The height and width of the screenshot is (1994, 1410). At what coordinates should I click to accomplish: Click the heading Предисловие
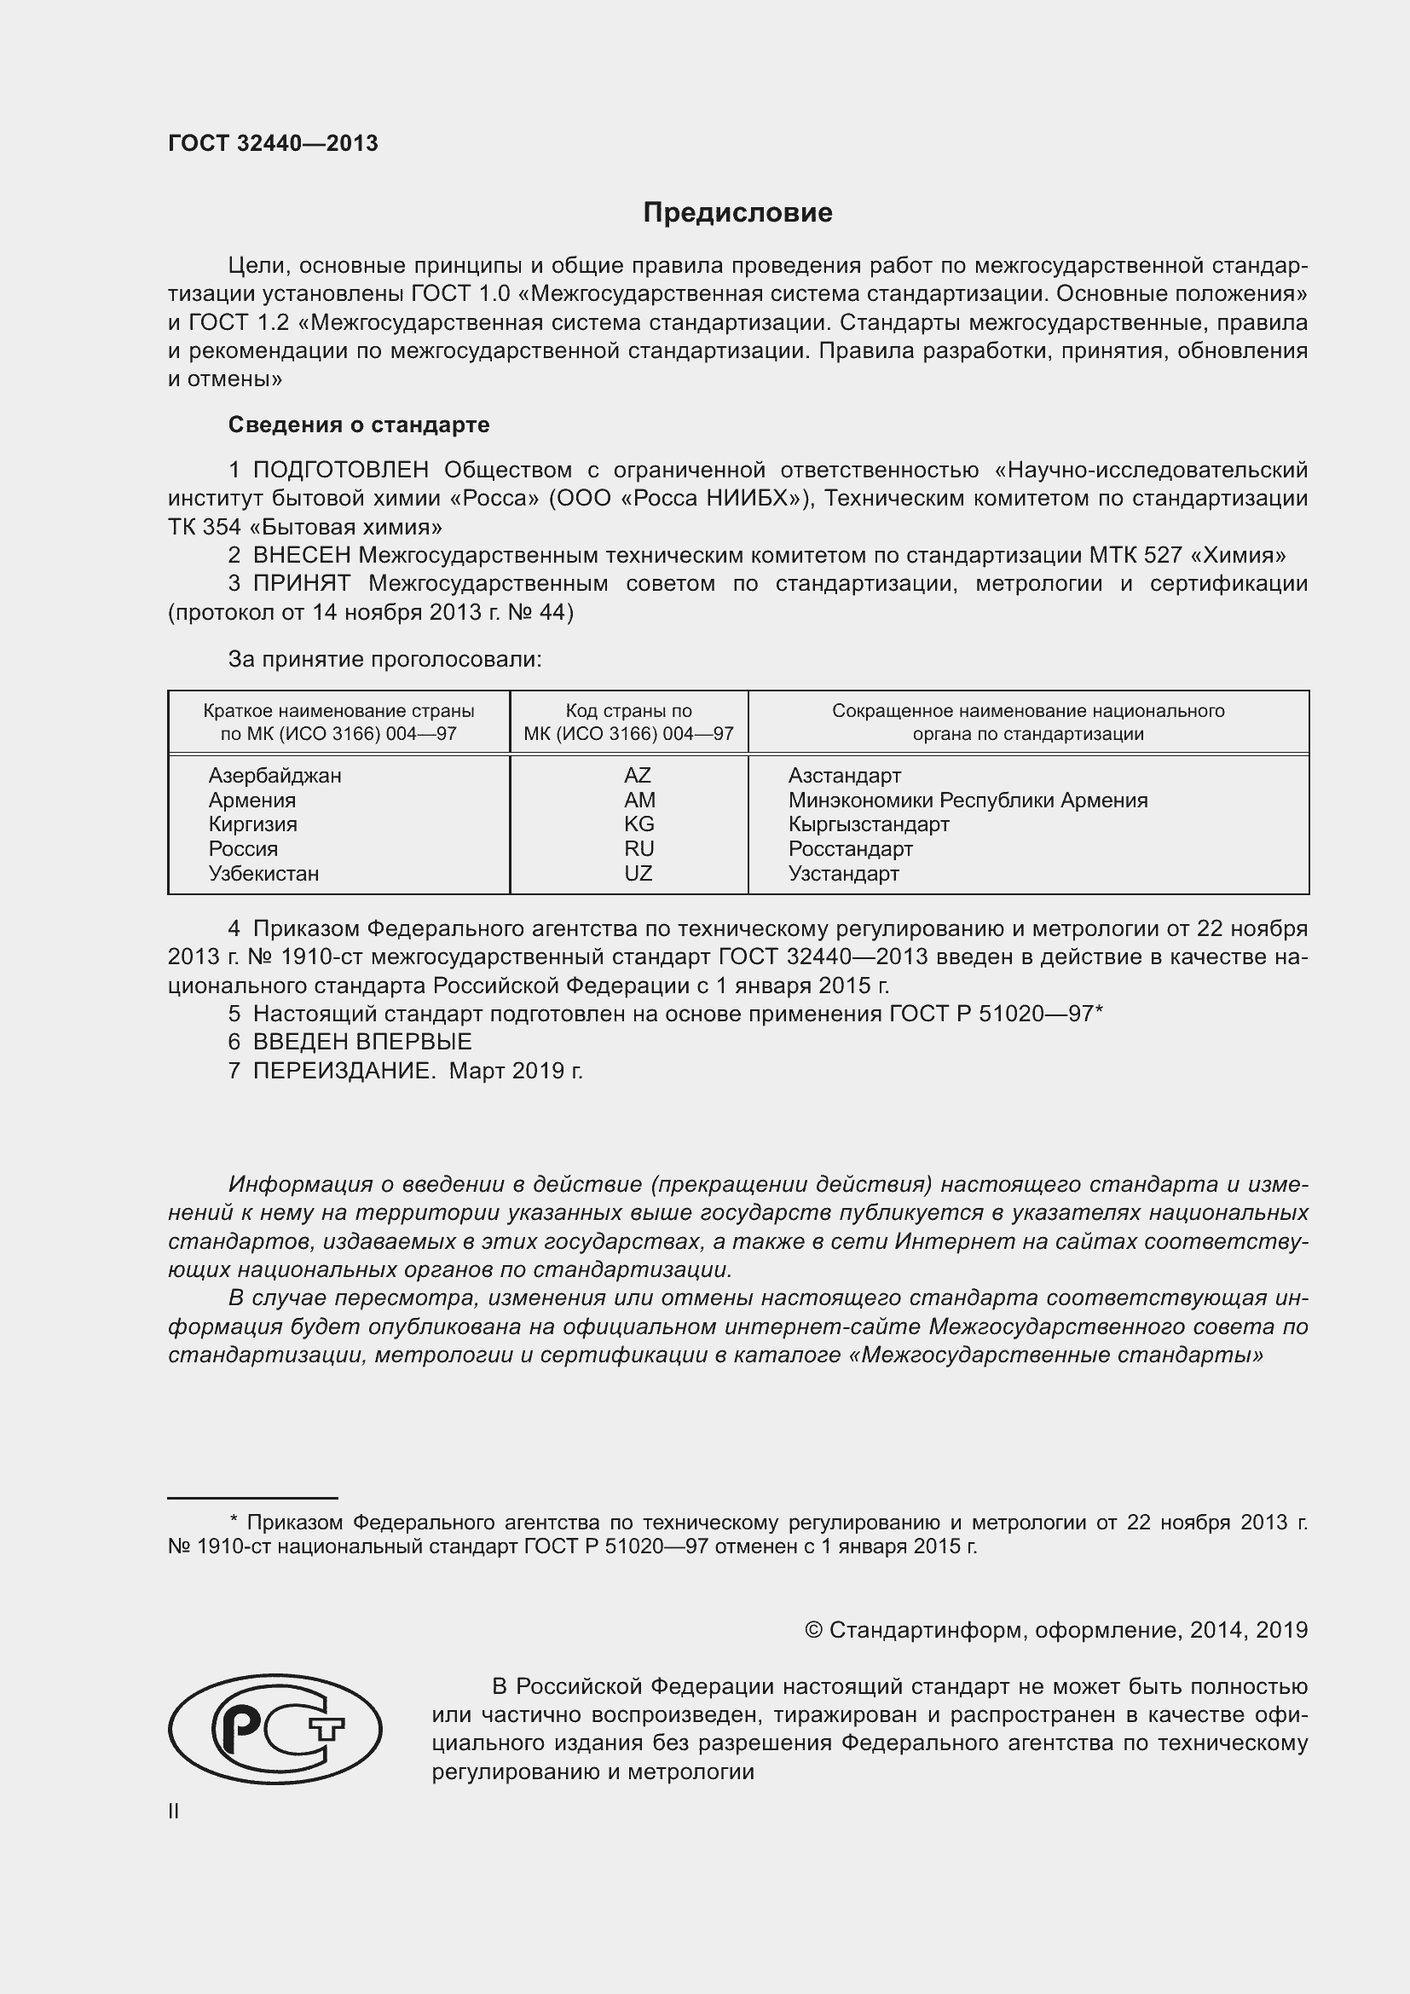(x=737, y=213)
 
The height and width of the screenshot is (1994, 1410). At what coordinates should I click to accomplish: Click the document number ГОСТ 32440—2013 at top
(x=273, y=144)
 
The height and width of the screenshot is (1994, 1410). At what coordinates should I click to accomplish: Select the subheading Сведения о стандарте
(x=359, y=425)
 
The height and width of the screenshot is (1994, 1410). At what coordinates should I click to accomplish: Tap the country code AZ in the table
(x=638, y=776)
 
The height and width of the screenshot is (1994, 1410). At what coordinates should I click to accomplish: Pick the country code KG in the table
(x=639, y=824)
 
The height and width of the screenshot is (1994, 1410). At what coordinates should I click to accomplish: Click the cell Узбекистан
(x=264, y=874)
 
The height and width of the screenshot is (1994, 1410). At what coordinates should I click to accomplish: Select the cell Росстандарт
(x=850, y=849)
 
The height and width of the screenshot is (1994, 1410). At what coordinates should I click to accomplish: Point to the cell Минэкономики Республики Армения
(x=968, y=800)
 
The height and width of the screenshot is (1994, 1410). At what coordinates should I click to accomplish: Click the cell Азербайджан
(x=274, y=776)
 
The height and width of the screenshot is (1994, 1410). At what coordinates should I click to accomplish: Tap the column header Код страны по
(x=628, y=711)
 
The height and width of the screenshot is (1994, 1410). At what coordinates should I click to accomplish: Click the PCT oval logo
(x=274, y=1730)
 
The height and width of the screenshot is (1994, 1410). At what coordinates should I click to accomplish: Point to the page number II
(x=174, y=1812)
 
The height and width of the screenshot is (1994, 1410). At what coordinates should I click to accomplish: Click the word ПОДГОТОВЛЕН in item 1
(x=340, y=471)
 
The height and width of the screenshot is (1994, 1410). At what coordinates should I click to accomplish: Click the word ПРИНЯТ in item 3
(x=301, y=584)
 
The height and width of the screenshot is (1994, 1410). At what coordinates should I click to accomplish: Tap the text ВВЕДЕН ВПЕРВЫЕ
(x=362, y=1042)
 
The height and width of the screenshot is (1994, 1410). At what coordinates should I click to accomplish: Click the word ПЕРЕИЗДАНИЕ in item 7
(x=343, y=1071)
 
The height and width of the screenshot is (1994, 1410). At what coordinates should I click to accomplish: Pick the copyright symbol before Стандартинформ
(x=812, y=1630)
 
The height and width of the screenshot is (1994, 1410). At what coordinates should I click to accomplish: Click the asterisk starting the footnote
(x=233, y=1521)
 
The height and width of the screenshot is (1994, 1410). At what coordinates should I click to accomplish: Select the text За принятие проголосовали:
(x=384, y=659)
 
